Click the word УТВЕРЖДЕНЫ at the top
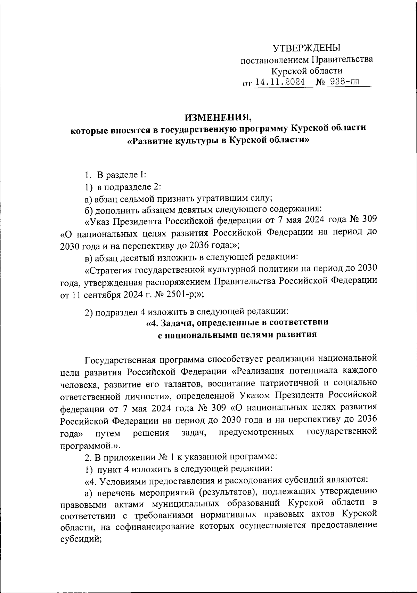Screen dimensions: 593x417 pyautogui.click(x=306, y=48)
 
